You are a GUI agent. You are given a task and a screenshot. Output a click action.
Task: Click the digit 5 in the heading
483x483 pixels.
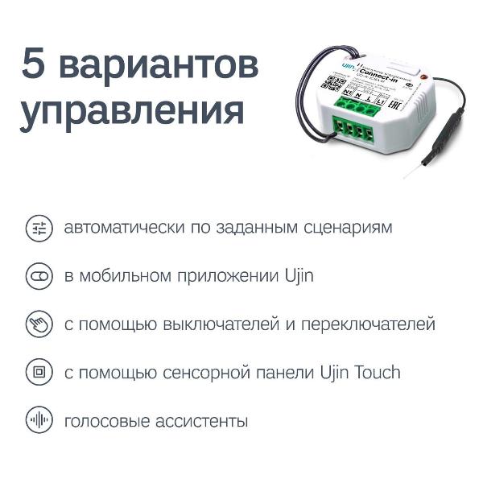[x=35, y=65]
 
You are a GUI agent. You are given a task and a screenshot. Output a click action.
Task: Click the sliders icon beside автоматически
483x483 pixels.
[x=38, y=228]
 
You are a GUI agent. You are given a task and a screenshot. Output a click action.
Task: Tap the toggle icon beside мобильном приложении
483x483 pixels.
[x=38, y=276]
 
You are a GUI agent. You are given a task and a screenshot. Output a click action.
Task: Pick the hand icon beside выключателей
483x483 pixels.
[x=38, y=324]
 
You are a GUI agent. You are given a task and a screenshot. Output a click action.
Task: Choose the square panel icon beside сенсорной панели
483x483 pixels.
[x=38, y=373]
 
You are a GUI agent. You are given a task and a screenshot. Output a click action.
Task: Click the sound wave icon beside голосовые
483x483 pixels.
[x=38, y=421]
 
